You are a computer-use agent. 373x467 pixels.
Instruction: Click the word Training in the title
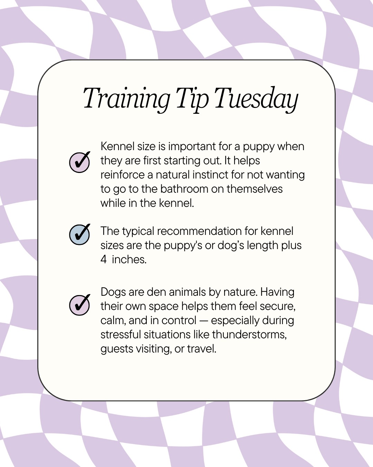click(126, 99)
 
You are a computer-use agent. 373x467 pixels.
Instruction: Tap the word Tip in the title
click(192, 99)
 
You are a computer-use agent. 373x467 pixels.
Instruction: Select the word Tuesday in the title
click(256, 99)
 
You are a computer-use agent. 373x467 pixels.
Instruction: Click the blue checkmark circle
click(79, 234)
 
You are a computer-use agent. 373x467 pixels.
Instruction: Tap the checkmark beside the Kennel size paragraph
click(79, 162)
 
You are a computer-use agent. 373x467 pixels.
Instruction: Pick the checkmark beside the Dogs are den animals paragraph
click(79, 305)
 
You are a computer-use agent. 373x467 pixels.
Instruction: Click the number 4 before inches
click(104, 259)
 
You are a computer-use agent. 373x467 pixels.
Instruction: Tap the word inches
click(129, 259)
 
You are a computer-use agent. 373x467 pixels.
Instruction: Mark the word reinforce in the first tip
click(122, 175)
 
